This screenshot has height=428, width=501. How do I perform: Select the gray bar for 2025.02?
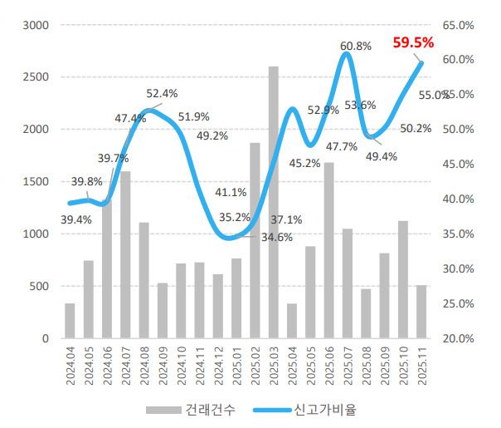pos(255,241)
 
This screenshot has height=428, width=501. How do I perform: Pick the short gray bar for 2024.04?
pos(70,321)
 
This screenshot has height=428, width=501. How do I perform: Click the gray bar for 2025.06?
pos(328,250)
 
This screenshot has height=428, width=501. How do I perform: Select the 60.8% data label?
pos(356,46)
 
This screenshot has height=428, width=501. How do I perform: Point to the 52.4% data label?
pos(162,93)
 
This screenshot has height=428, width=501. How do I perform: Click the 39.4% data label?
pos(76,219)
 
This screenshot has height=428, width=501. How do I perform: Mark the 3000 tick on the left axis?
pos(36,25)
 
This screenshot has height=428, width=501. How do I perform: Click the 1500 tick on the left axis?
pos(36,182)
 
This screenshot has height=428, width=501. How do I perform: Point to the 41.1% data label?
pos(231,192)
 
